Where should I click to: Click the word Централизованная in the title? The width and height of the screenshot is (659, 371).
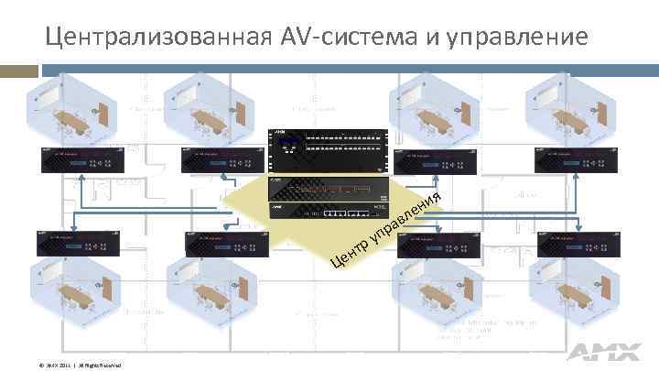coord(156,38)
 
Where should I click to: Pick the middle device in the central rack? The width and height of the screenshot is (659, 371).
coord(326,189)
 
